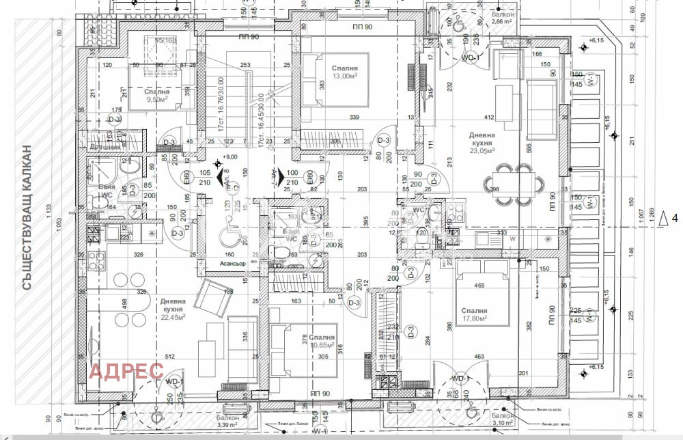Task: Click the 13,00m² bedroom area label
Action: pyautogui.click(x=345, y=77)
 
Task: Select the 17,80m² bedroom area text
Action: pyautogui.click(x=474, y=318)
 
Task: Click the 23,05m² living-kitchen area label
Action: pyautogui.click(x=482, y=152)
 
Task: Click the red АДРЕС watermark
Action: pyautogui.click(x=128, y=371)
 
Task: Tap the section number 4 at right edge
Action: pyautogui.click(x=673, y=219)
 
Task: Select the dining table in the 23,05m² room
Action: pyautogui.click(x=514, y=182)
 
